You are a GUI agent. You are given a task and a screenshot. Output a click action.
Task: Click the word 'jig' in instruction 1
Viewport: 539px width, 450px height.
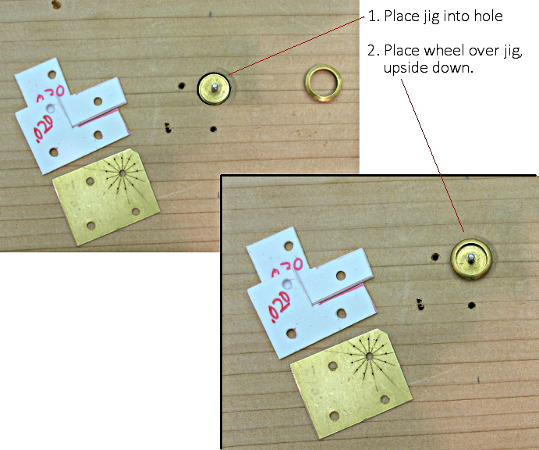[x=431, y=17]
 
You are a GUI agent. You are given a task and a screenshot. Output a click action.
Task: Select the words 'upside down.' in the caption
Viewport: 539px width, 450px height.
[x=428, y=67]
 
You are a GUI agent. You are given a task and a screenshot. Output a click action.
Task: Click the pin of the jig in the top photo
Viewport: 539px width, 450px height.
[x=215, y=87]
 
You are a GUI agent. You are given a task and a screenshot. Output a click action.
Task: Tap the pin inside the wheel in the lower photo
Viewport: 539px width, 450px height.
[x=471, y=258]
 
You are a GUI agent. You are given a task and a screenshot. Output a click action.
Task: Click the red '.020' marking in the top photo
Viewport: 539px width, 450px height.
[x=44, y=128]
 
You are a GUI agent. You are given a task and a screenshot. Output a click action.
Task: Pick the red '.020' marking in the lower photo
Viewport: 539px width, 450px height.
[x=279, y=307]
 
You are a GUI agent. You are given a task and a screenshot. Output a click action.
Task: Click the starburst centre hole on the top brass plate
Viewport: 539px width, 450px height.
[x=122, y=173]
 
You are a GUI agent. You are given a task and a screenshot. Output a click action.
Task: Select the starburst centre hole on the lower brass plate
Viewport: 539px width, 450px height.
[x=369, y=356]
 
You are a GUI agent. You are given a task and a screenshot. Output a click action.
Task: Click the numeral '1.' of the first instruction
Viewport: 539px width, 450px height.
[x=374, y=16]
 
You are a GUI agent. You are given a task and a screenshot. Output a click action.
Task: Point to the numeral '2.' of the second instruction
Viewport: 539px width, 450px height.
[x=374, y=51]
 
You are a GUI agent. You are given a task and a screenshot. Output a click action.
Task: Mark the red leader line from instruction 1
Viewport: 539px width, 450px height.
[x=296, y=45]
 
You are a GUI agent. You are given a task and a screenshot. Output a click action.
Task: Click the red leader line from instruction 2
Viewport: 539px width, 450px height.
[x=432, y=155]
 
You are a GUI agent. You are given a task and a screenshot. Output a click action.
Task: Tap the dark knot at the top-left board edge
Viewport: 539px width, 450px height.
[x=56, y=5]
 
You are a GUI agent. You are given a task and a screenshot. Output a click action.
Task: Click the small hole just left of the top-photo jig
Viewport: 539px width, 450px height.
[x=182, y=86]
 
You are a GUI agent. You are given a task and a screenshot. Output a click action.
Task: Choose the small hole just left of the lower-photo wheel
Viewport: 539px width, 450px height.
[x=435, y=257]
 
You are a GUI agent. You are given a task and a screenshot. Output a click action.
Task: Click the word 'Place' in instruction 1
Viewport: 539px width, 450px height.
[x=402, y=16]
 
